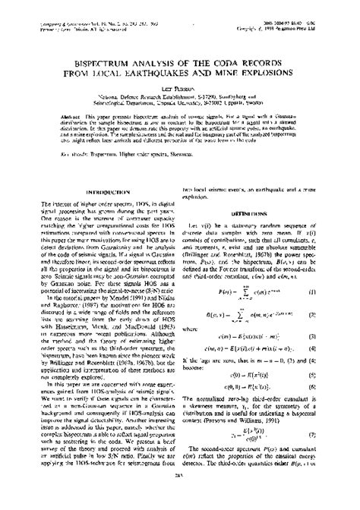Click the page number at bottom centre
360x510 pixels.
coord(180,497)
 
